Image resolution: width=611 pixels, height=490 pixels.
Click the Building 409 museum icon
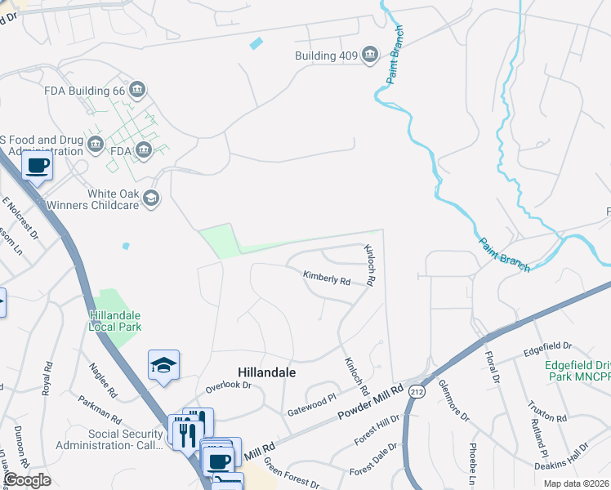[369, 55]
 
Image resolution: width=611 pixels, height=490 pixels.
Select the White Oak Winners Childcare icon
[150, 198]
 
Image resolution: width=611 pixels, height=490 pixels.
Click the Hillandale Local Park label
[115, 321]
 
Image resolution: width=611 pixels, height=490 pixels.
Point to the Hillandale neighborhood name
[266, 372]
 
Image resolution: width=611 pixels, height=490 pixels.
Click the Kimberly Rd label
[327, 278]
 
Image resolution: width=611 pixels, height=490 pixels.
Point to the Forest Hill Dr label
[377, 430]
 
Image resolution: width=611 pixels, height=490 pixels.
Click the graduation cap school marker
[163, 366]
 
